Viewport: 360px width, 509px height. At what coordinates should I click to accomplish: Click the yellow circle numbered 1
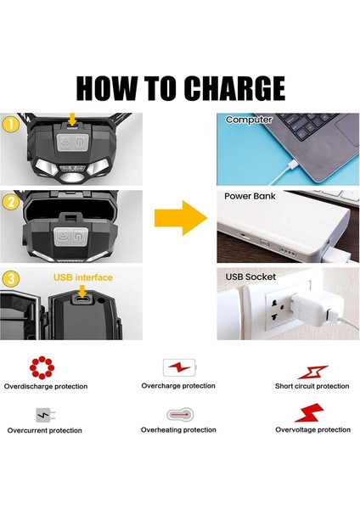click(x=11, y=124)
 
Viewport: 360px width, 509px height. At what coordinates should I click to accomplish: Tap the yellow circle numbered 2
click(x=11, y=202)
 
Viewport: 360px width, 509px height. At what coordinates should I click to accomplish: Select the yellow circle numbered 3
click(x=11, y=277)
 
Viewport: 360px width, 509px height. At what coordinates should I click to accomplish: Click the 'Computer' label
click(x=248, y=120)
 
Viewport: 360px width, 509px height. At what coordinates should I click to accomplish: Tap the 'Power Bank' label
click(x=250, y=196)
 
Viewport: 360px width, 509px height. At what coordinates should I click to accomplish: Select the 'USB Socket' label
click(x=250, y=277)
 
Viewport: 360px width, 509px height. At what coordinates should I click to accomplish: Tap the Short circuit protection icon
click(x=311, y=371)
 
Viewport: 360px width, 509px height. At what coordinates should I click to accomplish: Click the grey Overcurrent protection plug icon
click(x=43, y=415)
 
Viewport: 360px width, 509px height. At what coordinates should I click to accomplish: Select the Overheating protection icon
click(x=179, y=415)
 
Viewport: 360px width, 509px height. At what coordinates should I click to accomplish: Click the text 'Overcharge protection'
click(x=178, y=386)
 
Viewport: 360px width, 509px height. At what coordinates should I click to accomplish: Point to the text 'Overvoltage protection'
click(x=312, y=430)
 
